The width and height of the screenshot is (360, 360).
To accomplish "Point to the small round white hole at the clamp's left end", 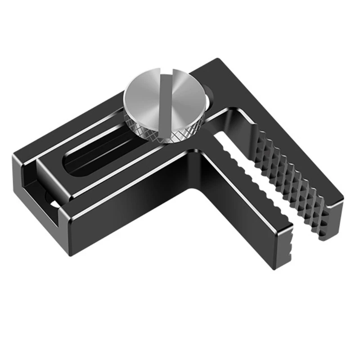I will (x=53, y=205).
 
